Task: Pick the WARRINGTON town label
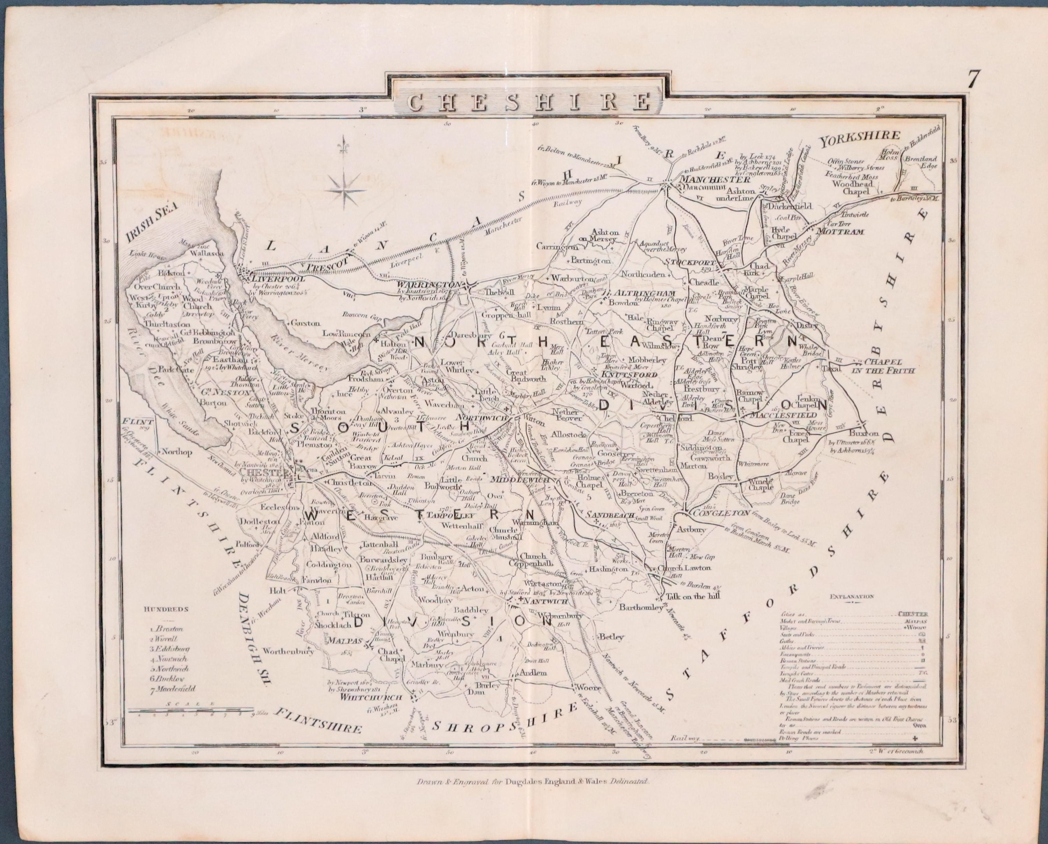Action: tap(429, 284)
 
